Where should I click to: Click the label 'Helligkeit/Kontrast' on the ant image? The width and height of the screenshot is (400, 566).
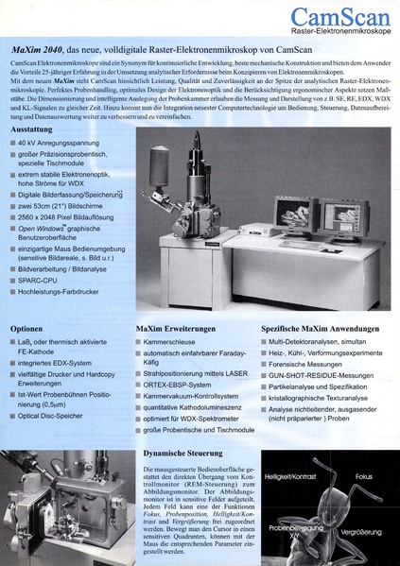[293, 477]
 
